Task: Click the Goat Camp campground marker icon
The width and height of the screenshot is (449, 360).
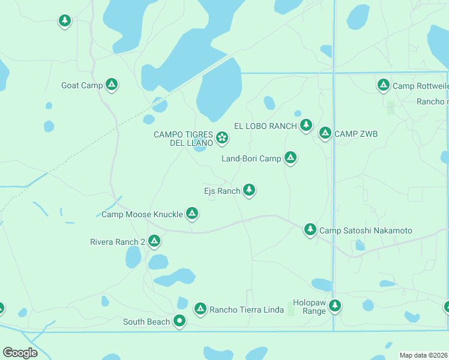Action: point(111,85)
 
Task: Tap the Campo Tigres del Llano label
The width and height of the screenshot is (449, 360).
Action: point(183,139)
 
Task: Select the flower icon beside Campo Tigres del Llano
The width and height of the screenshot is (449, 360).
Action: point(222,138)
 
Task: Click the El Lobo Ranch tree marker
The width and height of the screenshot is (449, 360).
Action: point(306,125)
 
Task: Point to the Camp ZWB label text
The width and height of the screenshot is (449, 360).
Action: point(356,134)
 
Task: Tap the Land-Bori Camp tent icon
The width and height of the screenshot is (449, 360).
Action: point(291,158)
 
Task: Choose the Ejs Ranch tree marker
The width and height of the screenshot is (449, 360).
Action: point(249,190)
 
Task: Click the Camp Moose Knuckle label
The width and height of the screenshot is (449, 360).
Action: point(142,214)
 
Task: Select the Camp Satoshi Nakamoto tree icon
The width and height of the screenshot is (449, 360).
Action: point(310,229)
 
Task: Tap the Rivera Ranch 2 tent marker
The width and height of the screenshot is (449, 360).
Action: point(154,241)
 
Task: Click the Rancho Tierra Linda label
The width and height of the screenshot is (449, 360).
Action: point(247,310)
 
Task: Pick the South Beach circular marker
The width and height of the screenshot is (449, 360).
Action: point(179,321)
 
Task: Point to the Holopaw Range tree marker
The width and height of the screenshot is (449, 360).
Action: point(334,305)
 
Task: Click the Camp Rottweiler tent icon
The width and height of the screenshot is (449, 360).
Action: point(383,85)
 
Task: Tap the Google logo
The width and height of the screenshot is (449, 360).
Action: point(20,353)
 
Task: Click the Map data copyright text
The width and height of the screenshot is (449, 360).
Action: point(423,355)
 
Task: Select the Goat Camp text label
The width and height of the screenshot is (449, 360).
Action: point(82,85)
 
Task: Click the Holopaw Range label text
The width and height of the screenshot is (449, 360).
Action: point(309,307)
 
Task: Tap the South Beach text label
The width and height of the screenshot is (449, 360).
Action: point(146,322)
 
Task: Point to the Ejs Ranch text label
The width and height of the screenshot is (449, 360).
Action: point(222,191)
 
